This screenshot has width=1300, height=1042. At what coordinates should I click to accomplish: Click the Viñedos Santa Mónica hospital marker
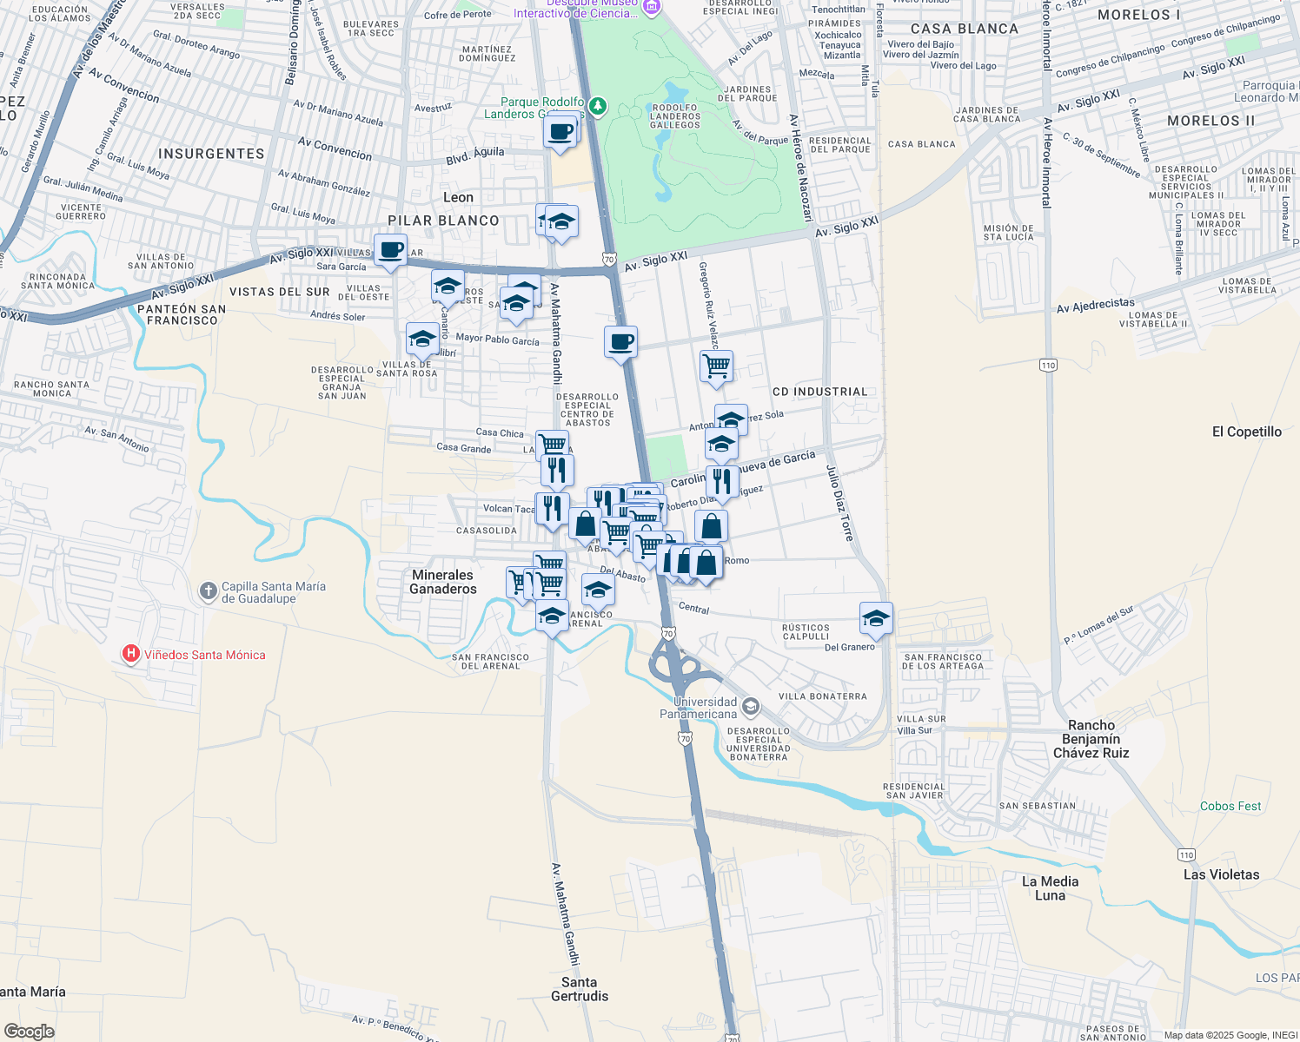pos(131,654)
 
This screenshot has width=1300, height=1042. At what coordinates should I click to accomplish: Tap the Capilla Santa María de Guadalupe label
pos(273,592)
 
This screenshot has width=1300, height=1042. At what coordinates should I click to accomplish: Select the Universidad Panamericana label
pos(698,708)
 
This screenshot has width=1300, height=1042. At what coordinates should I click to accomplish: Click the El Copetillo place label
pos(1246,432)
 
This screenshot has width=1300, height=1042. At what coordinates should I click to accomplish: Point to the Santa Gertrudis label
pos(579,989)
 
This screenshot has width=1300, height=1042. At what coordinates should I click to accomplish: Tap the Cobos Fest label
pos(1230,806)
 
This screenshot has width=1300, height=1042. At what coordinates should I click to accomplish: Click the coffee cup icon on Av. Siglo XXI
pos(390,251)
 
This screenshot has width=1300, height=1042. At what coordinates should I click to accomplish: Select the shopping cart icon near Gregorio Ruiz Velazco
pos(716,366)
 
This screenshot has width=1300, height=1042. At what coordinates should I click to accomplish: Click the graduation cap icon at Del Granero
pos(875,618)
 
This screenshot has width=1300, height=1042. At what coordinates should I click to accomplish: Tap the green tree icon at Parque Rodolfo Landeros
pos(597,106)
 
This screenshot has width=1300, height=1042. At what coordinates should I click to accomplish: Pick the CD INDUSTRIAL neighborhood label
pos(819,392)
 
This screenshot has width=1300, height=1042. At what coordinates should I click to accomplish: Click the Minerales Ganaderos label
pos(443,582)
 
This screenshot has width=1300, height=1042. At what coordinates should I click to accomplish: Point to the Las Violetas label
pos(1220,874)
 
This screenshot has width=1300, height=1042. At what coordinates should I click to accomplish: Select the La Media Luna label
pos(1050,887)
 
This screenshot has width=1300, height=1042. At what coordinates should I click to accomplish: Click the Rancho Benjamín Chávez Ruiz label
pos(1091,739)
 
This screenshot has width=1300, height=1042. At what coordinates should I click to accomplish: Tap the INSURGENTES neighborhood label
pos(211,154)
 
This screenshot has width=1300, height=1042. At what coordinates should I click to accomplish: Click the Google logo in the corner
pos(30,1031)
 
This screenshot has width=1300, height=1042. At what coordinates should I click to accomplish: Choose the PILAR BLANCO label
pos(443,221)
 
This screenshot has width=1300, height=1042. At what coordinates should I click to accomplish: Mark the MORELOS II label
pos(1210,121)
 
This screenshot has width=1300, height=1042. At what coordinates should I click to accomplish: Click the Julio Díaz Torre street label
pos(839,503)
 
